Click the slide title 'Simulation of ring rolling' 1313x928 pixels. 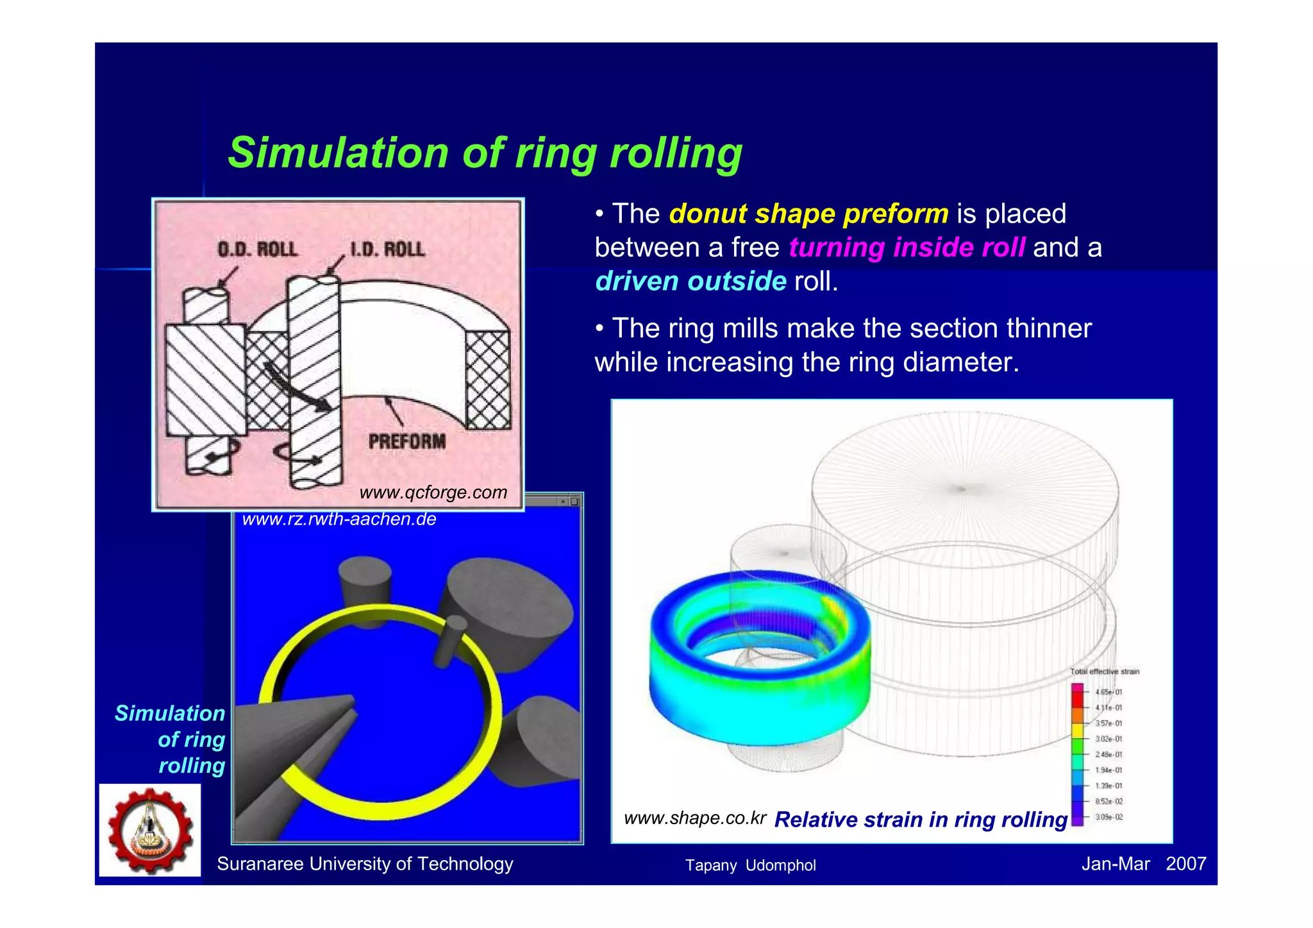[485, 153]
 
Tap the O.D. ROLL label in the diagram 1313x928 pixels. [257, 249]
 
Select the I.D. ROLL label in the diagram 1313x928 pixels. [387, 249]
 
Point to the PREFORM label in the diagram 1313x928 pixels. [406, 441]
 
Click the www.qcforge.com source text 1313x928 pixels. [433, 493]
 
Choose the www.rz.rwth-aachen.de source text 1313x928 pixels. [339, 519]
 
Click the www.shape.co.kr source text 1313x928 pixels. [694, 818]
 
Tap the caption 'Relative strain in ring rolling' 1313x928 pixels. [921, 820]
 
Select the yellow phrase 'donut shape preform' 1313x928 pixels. [808, 214]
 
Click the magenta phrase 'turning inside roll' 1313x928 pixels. [906, 248]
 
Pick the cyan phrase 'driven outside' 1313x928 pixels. [690, 282]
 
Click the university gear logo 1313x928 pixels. [150, 831]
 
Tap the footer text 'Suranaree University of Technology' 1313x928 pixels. [365, 864]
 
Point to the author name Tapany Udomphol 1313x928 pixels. [750, 865]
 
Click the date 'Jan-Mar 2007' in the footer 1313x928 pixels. [1143, 864]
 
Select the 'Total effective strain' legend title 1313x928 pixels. [1104, 671]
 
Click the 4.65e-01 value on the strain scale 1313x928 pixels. [1108, 692]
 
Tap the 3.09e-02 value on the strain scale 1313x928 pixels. [1108, 817]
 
